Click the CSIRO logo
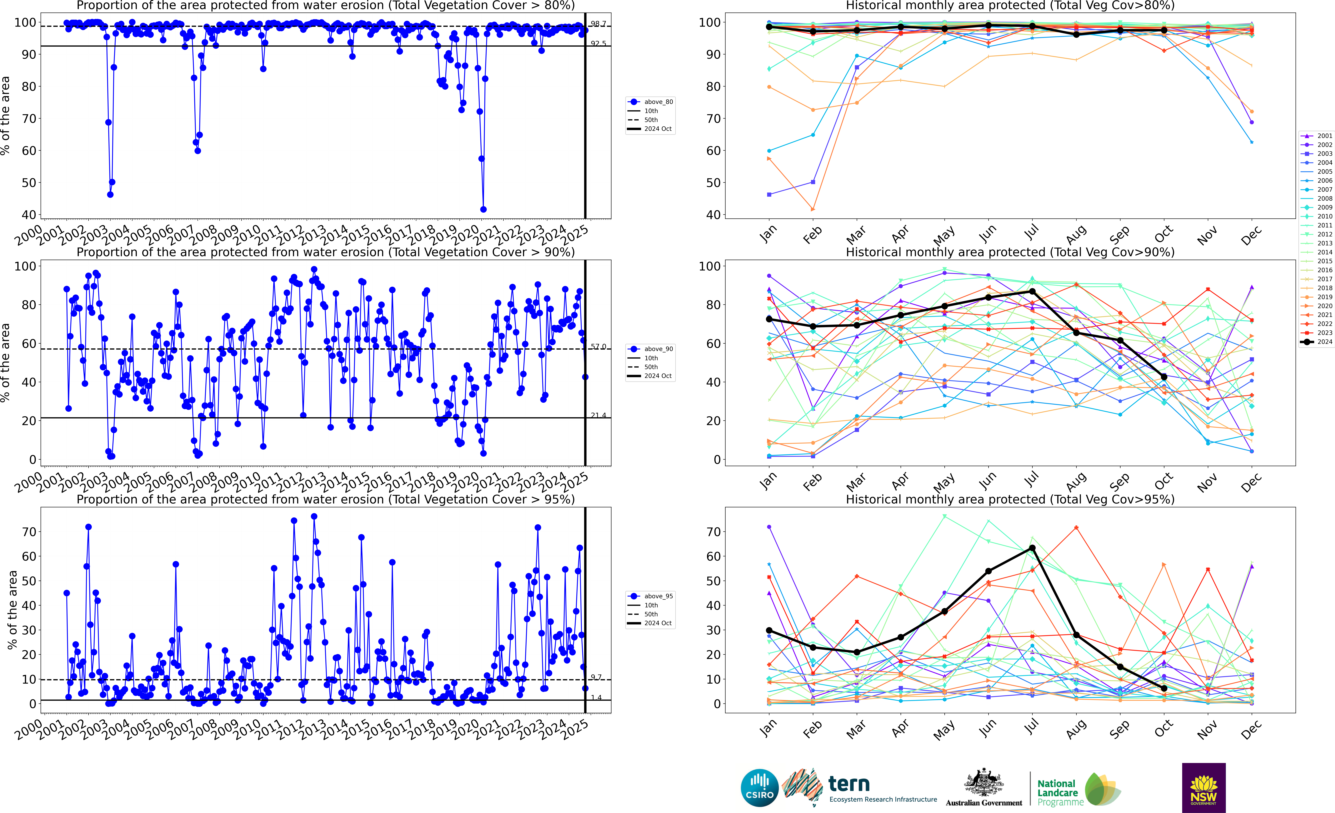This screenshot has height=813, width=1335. point(759,787)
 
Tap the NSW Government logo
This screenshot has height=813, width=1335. point(1203,787)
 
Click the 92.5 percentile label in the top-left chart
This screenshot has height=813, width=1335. point(598,43)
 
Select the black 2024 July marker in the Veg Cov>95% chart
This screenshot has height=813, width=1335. point(1032,548)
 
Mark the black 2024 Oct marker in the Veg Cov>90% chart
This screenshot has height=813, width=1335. point(1164,377)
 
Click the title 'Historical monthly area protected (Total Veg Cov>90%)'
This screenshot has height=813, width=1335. point(1010,252)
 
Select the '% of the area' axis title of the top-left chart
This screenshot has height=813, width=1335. point(5,115)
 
